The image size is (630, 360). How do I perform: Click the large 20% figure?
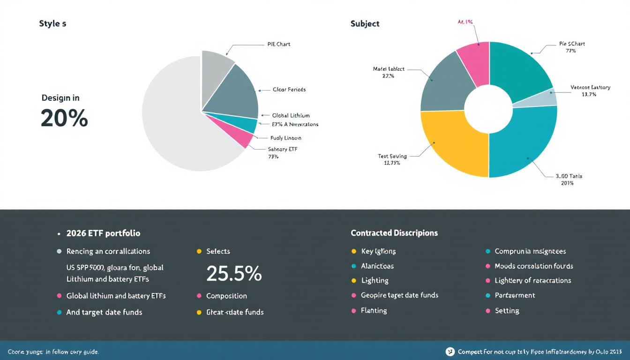point(64,118)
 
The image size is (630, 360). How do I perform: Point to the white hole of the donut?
point(488,111)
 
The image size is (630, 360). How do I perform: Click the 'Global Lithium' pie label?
point(291,115)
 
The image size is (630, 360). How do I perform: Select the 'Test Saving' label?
point(392,156)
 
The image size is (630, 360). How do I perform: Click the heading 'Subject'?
point(365,24)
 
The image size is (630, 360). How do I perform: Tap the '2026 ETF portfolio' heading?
point(103,233)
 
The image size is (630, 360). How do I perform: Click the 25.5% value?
point(234,274)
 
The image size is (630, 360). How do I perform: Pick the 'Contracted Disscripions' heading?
point(394,233)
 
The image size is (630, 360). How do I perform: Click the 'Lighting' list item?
point(375,280)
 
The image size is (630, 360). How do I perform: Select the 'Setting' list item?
point(507,311)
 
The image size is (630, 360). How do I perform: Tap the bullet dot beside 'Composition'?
point(199,296)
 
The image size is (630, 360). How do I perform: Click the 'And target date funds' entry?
point(104,312)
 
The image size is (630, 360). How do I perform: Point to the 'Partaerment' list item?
point(515,295)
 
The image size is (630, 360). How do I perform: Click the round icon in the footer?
point(450,351)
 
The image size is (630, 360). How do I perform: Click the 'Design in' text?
point(60,98)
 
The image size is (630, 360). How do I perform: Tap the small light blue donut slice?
point(547,97)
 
